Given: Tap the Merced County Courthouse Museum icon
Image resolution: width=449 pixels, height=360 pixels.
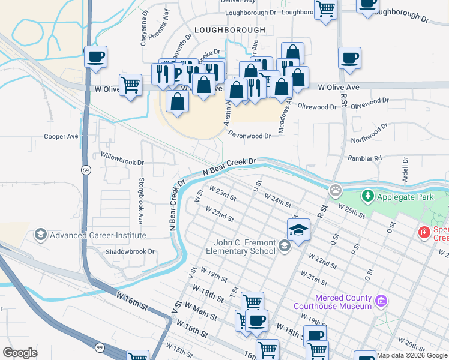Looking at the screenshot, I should pos(380,300).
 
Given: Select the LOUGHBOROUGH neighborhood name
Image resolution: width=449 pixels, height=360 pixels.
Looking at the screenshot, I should pos(229,29).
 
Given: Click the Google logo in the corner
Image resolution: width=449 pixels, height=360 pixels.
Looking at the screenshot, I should pos(20,353).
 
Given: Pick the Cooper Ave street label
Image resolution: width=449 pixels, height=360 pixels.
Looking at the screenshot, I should pos(61,136).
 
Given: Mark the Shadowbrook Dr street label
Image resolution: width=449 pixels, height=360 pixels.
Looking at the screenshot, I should pos(130,251).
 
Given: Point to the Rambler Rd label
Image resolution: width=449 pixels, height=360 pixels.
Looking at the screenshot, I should pos(364,158).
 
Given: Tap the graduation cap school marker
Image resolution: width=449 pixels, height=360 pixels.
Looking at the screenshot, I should pos(298,229).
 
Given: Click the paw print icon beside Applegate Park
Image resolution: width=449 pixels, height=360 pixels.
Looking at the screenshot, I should pos(335,191).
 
